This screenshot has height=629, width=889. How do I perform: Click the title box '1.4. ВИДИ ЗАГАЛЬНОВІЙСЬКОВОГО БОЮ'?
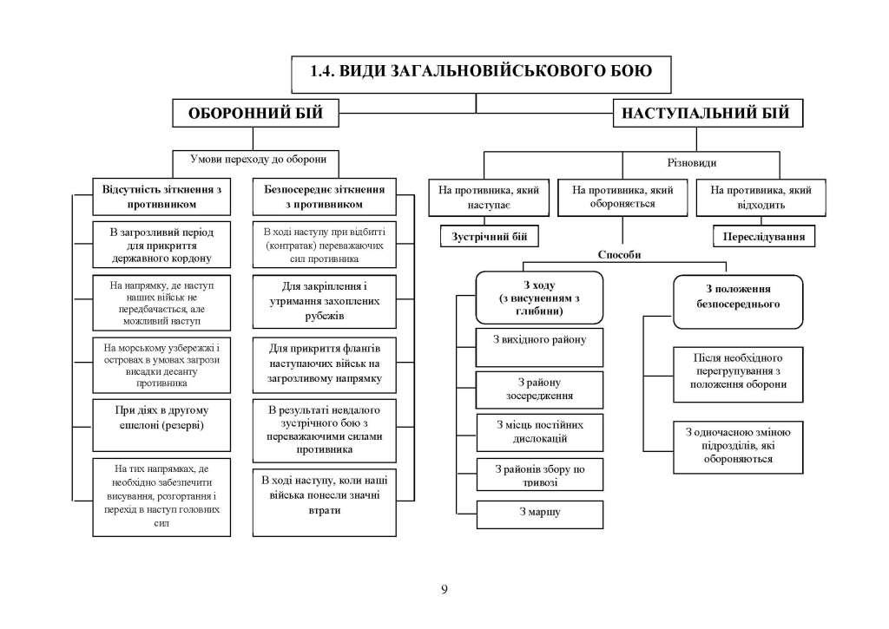coord(480,73)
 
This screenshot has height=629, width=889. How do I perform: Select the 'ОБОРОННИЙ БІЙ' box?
coord(252,114)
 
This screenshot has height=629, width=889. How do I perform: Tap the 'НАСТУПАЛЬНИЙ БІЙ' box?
coord(708,114)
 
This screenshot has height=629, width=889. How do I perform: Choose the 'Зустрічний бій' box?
coord(489,236)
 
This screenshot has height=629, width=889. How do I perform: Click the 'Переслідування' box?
coord(765,236)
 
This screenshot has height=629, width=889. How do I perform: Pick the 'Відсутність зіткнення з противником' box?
coord(155,196)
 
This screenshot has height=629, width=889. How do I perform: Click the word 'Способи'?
coord(620,255)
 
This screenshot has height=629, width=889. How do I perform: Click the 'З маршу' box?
coord(540,512)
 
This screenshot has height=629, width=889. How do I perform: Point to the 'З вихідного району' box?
coord(540,339)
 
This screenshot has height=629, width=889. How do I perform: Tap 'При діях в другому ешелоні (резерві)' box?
coord(155,418)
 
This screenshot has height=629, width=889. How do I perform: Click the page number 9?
coord(444,590)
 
